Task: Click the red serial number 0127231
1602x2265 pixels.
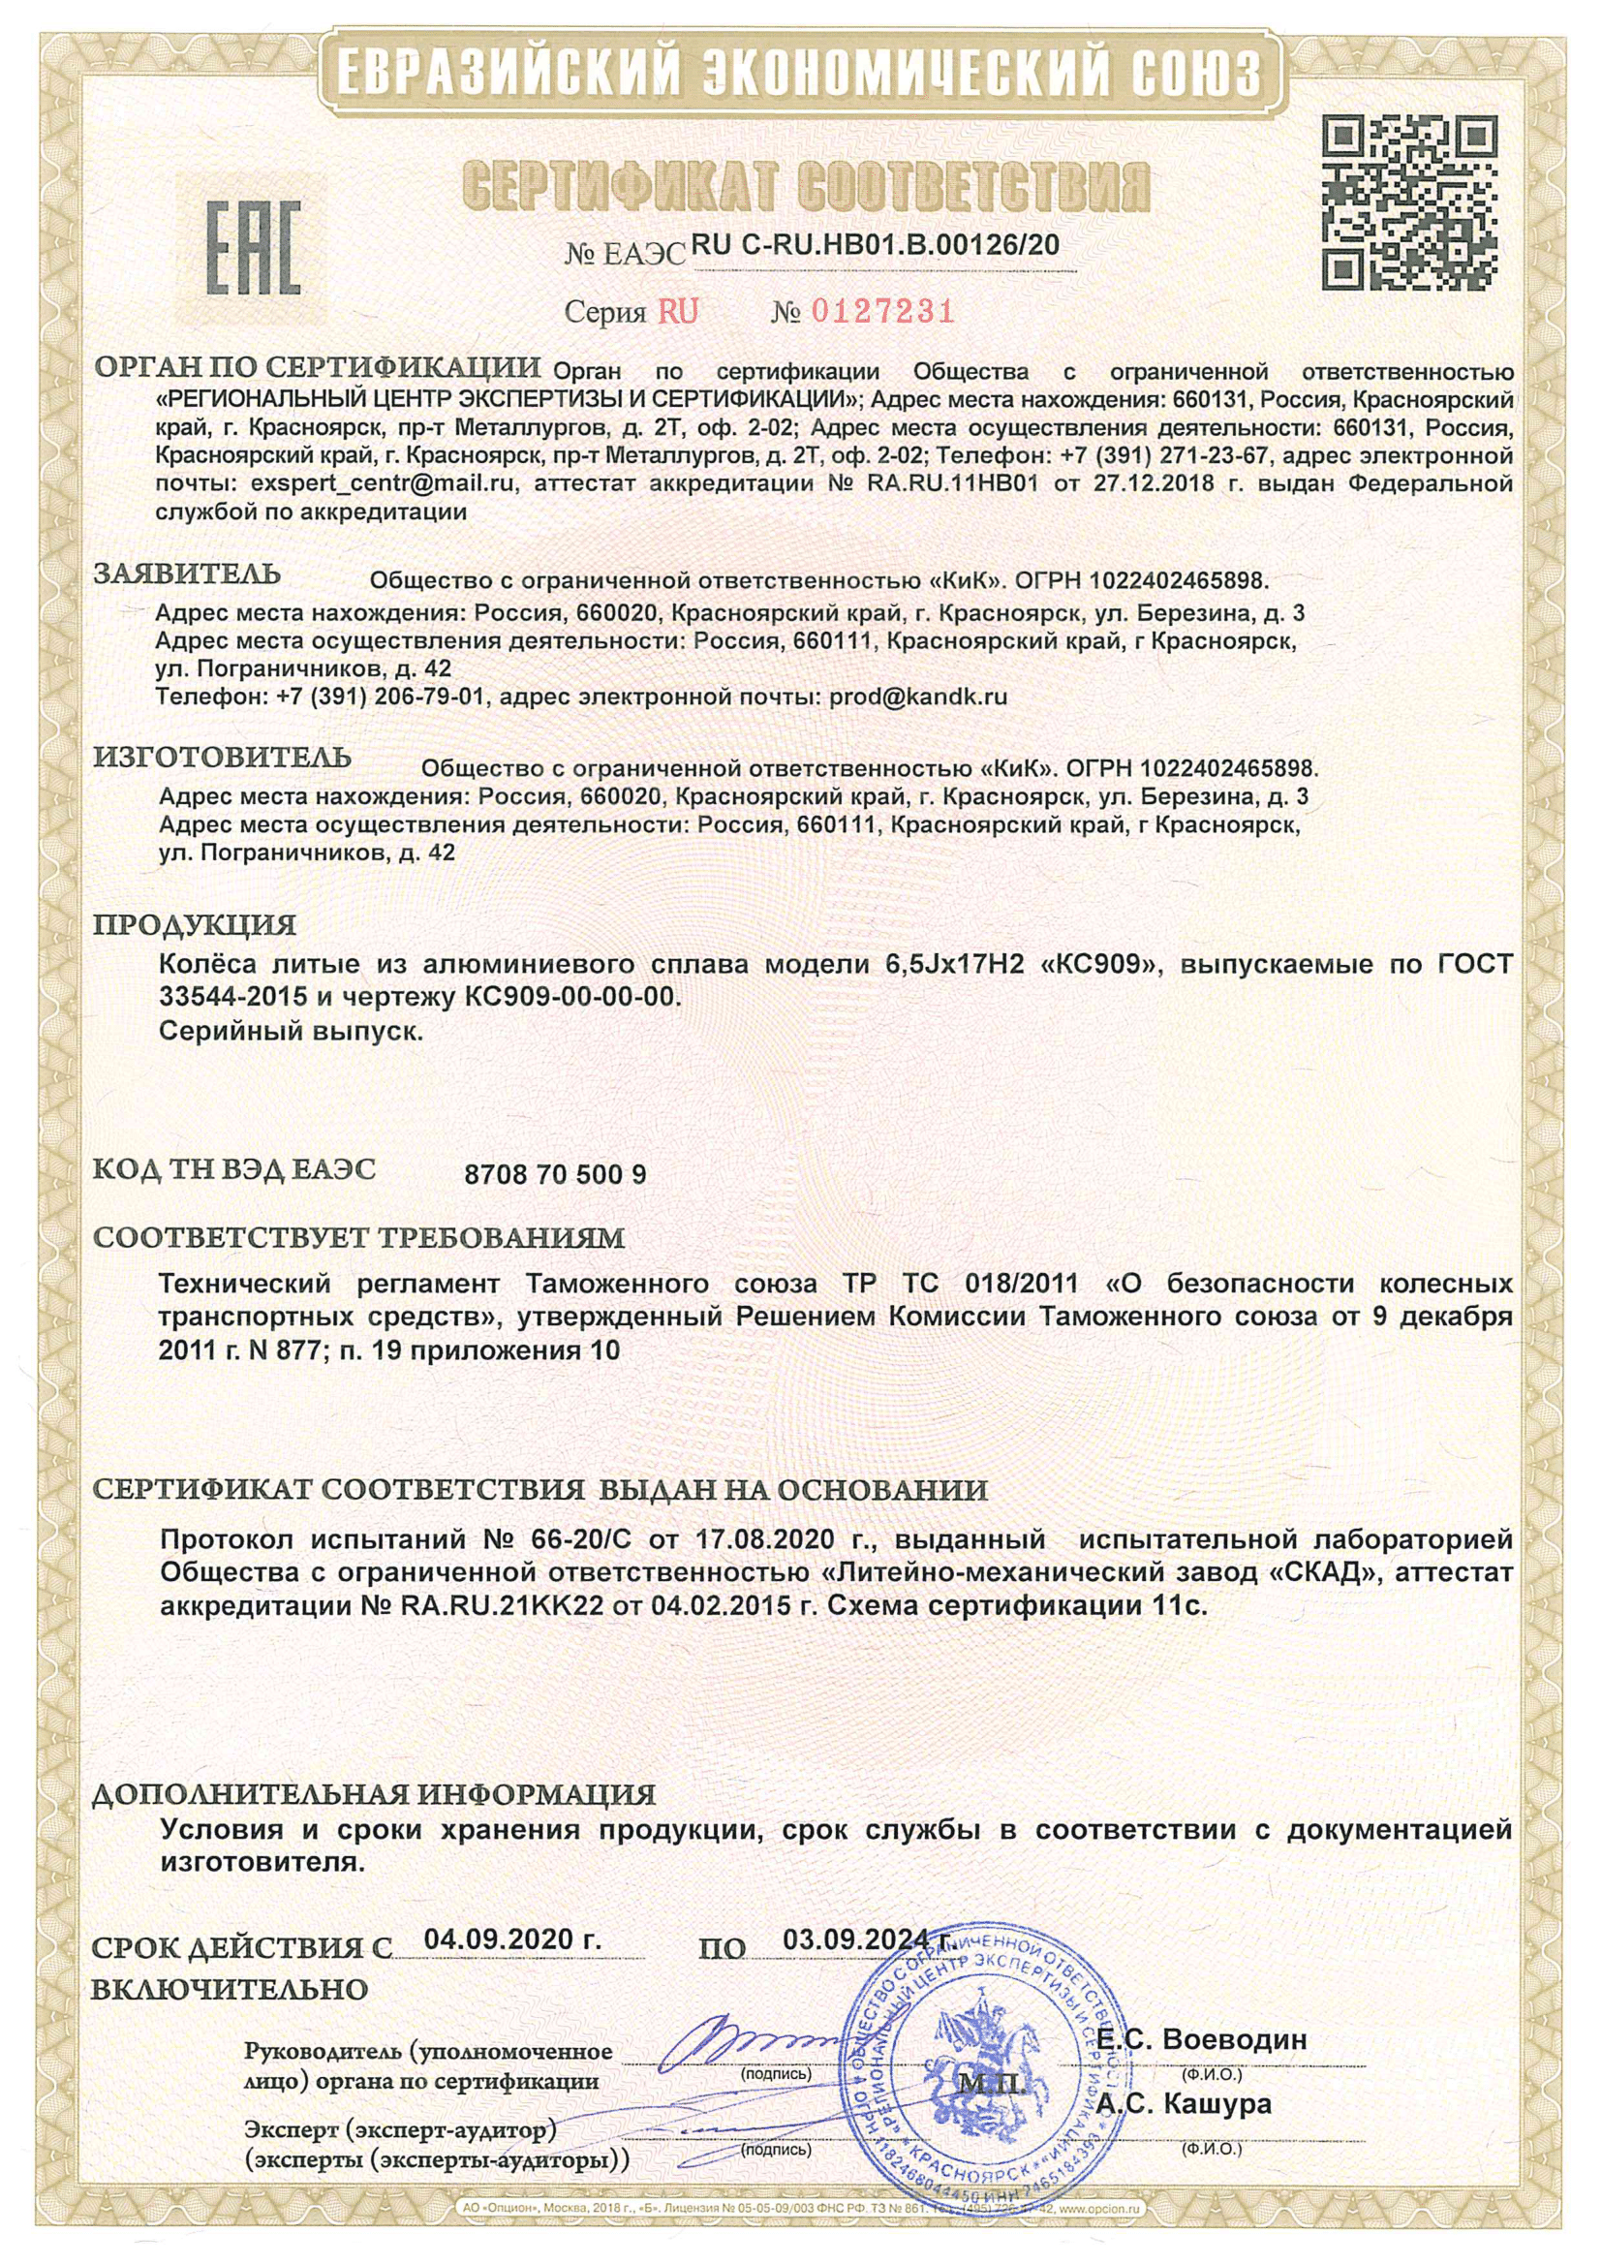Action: [x=880, y=313]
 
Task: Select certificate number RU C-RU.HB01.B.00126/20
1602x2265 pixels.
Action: [x=876, y=245]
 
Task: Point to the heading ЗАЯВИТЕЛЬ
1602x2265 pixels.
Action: [x=188, y=574]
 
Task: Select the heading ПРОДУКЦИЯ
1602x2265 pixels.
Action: [x=195, y=925]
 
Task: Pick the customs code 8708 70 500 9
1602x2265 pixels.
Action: [x=554, y=1175]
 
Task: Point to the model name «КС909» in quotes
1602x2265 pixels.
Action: [x=1097, y=965]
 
